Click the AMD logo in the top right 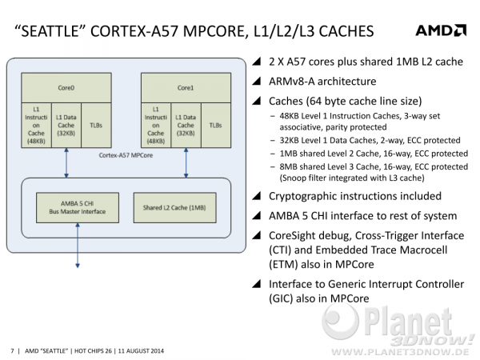(x=441, y=30)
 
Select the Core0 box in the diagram (x=66, y=87)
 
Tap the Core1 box (x=186, y=87)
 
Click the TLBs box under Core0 (x=96, y=126)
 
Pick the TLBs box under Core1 (x=216, y=126)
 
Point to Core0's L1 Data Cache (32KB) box (x=66, y=126)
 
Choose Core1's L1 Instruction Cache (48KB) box (x=156, y=126)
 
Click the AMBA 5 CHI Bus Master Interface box (x=78, y=207)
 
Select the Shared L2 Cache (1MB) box (x=174, y=207)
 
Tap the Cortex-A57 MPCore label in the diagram (x=126, y=155)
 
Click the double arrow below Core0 (x=66, y=163)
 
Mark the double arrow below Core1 (x=186, y=163)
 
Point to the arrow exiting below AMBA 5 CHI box (x=78, y=246)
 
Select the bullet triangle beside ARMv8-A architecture (x=257, y=81)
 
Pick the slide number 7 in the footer (x=12, y=351)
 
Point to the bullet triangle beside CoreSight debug (x=257, y=235)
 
